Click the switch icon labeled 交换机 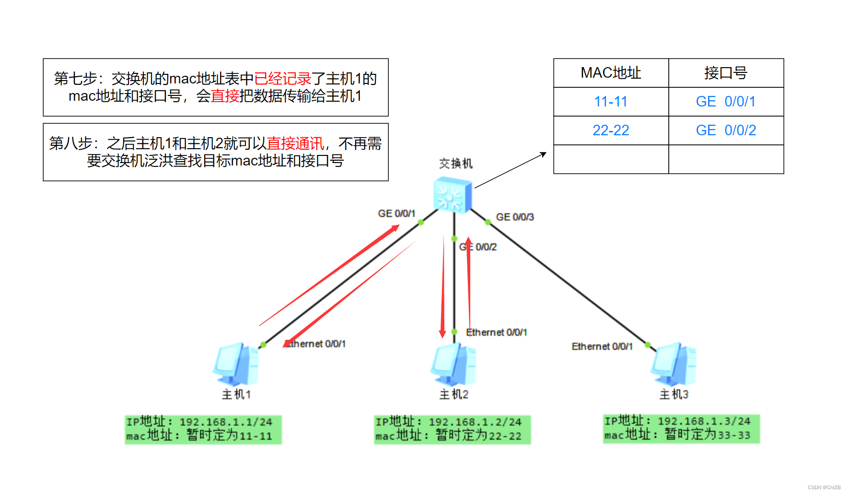453,195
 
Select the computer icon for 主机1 236,365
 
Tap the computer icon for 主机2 453,365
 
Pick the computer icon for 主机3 674,365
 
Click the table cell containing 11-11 611,102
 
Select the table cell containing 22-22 611,130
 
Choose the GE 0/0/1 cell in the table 726,102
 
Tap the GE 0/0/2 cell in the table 726,130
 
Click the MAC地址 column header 611,73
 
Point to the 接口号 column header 726,73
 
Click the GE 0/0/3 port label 515,217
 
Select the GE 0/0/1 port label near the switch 396,213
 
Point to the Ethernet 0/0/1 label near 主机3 602,346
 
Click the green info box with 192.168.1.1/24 203,429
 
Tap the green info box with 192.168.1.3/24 681,428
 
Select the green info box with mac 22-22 452,429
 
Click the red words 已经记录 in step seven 282,79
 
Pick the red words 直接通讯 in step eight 295,143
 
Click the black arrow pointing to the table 510,170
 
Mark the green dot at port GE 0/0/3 488,222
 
